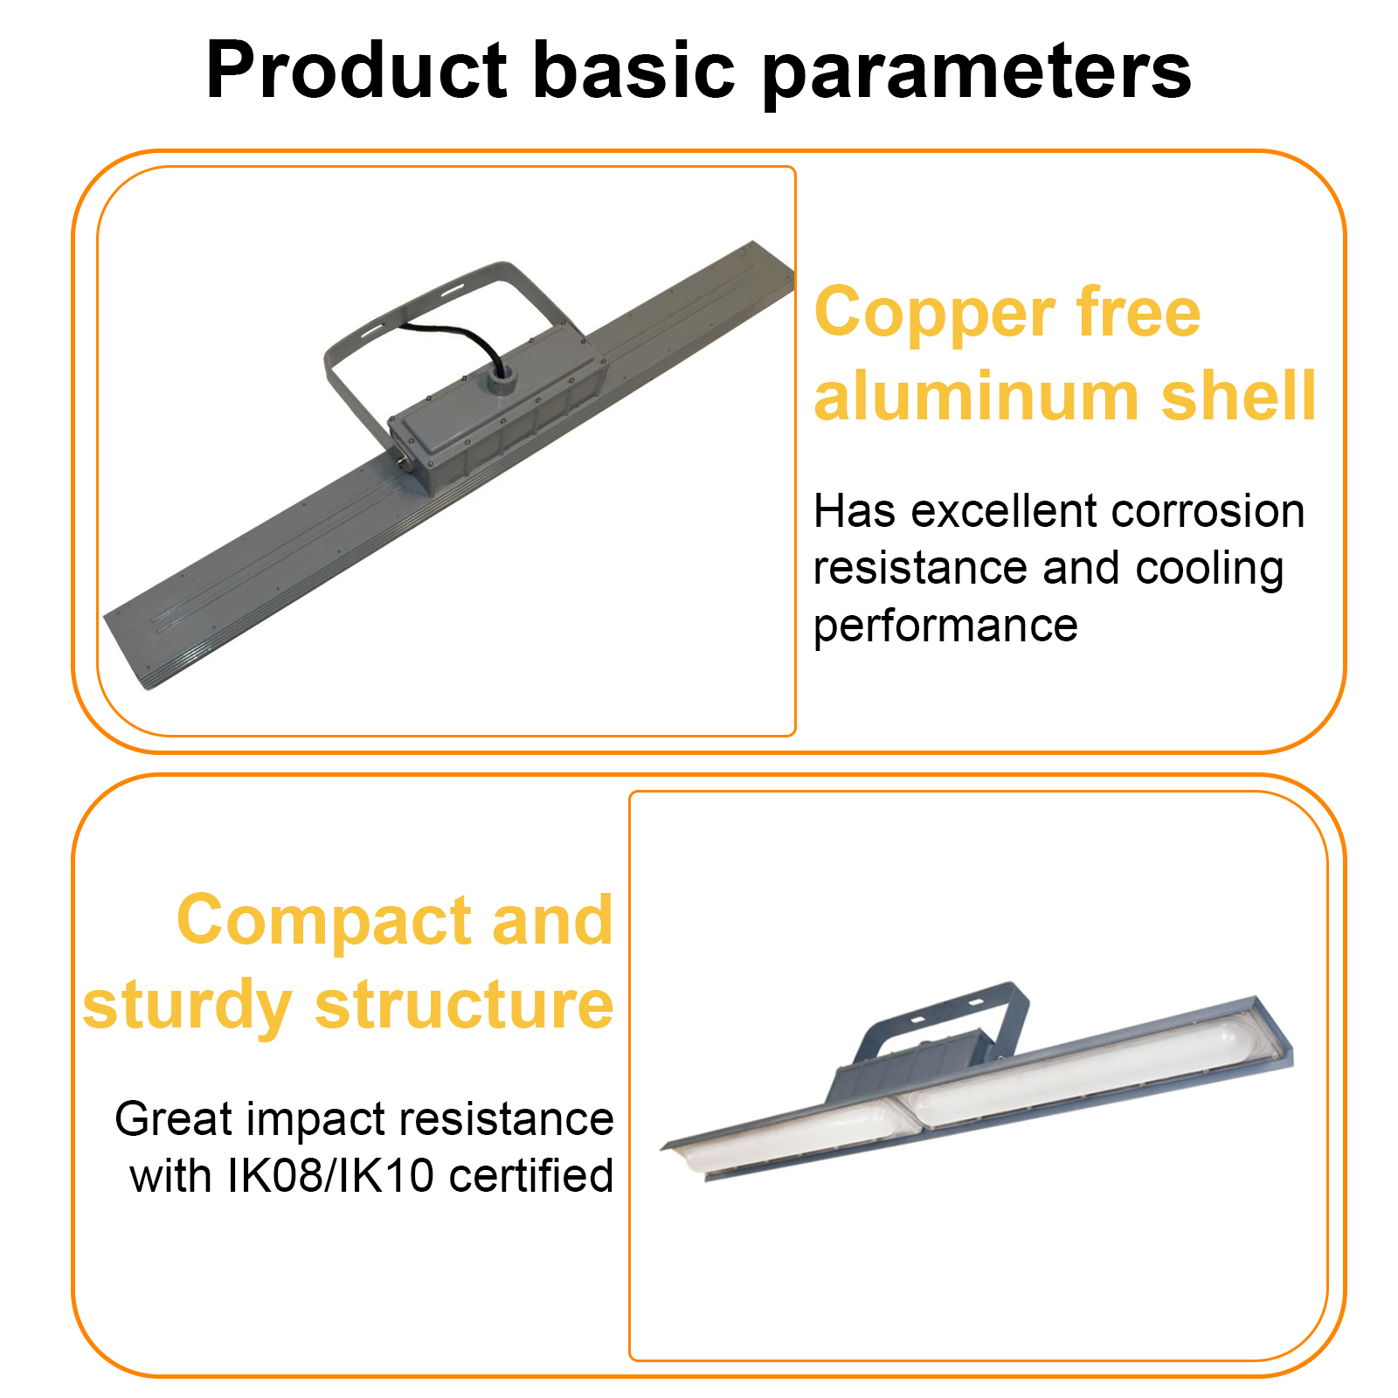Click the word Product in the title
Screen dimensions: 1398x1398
pyautogui.click(x=356, y=69)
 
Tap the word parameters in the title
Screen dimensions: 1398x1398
pyautogui.click(x=977, y=73)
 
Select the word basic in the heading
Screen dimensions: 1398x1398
pyautogui.click(x=634, y=69)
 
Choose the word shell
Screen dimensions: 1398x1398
pyautogui.click(x=1238, y=395)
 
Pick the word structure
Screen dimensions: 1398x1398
pyautogui.click(x=464, y=1005)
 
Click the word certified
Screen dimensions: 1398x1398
pyautogui.click(x=531, y=1176)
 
